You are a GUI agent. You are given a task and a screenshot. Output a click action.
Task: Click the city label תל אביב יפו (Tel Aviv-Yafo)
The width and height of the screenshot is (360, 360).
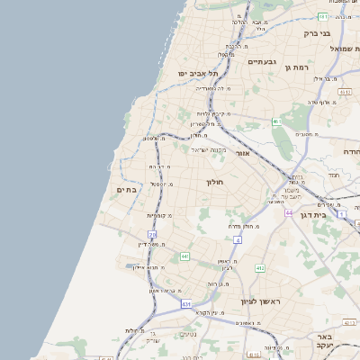[194, 72]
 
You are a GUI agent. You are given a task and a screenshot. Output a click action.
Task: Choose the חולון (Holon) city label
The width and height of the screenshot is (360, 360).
[214, 182]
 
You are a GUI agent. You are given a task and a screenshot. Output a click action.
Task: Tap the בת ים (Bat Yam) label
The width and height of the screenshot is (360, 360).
[125, 190]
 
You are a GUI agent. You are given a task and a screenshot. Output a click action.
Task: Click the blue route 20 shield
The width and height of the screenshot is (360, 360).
[152, 234]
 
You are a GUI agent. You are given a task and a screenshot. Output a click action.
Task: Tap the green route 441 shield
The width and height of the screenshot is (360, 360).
[184, 256]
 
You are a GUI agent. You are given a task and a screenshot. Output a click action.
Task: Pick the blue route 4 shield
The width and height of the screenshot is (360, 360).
[238, 240]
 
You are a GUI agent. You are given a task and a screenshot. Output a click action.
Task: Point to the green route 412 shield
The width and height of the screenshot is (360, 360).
[260, 268]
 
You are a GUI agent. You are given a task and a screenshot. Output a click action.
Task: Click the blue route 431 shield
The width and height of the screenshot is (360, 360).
[186, 305]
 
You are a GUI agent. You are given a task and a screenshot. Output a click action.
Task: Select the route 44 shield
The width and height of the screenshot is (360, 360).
[289, 212]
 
